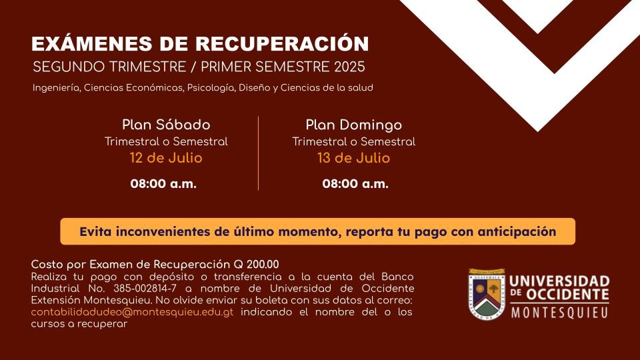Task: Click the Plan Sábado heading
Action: pyautogui.click(x=166, y=125)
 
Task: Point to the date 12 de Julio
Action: pyautogui.click(x=166, y=158)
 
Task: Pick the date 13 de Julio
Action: pyautogui.click(x=354, y=158)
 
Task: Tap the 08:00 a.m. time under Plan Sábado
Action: pyautogui.click(x=163, y=184)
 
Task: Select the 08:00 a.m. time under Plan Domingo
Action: pyautogui.click(x=355, y=184)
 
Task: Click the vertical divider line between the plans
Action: pyautogui.click(x=259, y=153)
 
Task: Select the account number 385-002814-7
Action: pyautogui.click(x=145, y=289)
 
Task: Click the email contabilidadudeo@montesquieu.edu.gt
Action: pyautogui.click(x=132, y=312)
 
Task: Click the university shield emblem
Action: pyautogui.click(x=487, y=294)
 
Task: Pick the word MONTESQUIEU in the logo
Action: pyautogui.click(x=559, y=313)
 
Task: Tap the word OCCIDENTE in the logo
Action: pyautogui.click(x=567, y=294)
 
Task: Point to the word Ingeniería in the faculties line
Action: pyautogui.click(x=56, y=88)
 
